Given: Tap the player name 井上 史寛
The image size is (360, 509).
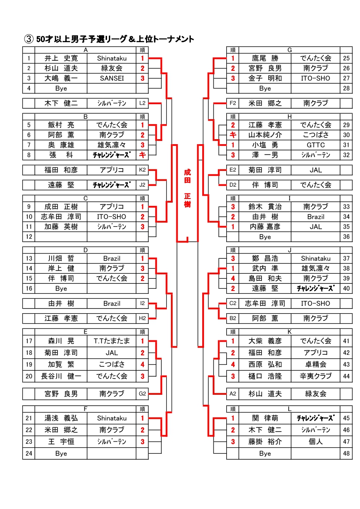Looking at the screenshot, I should (x=61, y=58).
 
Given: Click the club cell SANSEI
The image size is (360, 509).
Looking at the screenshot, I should (x=112, y=78).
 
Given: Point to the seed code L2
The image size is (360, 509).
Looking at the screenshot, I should (x=142, y=103).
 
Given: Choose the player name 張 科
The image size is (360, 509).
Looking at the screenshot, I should (x=61, y=155).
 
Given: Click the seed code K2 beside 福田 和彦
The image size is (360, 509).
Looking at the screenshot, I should (x=142, y=170).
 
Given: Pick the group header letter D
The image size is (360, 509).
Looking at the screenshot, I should (x=86, y=250).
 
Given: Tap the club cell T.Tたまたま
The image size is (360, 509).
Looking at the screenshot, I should (x=112, y=341).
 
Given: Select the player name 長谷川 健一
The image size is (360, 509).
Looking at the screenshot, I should (x=61, y=376).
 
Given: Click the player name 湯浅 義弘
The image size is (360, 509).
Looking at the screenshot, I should (x=61, y=418).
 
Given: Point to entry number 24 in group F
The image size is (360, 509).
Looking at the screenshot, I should (x=29, y=453).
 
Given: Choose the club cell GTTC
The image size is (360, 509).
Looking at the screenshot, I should (x=316, y=145).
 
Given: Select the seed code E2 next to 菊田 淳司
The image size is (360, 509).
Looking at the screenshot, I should (x=233, y=170).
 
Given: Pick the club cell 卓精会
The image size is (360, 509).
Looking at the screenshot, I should (x=316, y=364).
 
